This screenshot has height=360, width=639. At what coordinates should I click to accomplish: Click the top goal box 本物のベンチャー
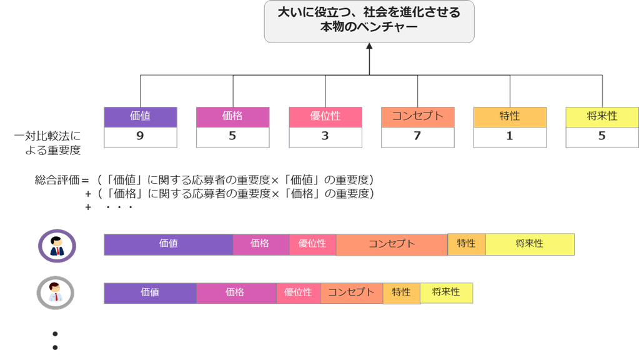(369, 21)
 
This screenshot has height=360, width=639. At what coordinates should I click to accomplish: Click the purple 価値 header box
(140, 117)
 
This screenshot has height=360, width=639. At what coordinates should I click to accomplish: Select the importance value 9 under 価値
(140, 136)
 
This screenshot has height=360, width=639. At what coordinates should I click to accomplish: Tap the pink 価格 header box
(232, 117)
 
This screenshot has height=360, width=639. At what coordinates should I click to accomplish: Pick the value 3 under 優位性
(325, 136)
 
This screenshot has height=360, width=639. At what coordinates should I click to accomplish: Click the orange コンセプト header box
(417, 117)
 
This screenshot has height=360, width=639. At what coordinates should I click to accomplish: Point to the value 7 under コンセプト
(417, 136)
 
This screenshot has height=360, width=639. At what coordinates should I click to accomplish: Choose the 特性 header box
(510, 117)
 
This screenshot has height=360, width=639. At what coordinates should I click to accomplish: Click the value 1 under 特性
(510, 136)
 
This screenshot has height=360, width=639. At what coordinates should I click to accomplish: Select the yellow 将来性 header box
(602, 117)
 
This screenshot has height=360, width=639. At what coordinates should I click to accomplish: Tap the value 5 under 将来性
(602, 136)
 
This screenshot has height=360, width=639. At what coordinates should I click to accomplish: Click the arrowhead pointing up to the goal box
(369, 46)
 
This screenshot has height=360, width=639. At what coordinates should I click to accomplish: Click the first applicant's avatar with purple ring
(57, 246)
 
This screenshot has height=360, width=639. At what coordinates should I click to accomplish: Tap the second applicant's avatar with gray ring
(56, 292)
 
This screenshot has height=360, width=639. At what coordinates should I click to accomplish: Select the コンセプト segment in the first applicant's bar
(392, 244)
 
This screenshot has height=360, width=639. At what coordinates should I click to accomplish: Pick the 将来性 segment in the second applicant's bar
(446, 292)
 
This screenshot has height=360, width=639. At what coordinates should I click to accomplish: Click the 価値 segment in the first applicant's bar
(168, 244)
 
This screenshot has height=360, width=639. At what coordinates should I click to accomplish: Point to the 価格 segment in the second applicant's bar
(235, 292)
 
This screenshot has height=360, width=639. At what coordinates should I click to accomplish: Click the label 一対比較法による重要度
(47, 143)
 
